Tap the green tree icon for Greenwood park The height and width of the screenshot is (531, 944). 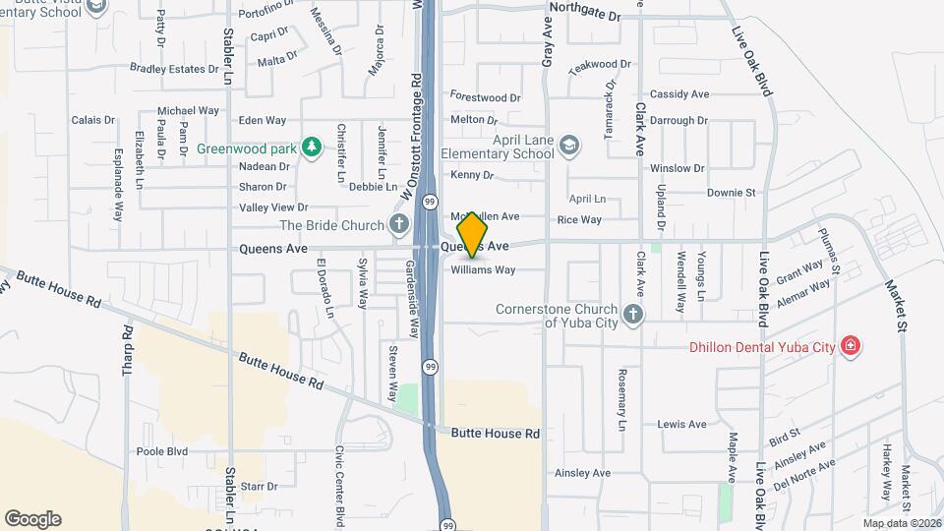pyautogui.click(x=312, y=147)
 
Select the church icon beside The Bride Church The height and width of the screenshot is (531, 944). pyautogui.click(x=399, y=225)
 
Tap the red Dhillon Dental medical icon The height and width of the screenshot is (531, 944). pyautogui.click(x=851, y=346)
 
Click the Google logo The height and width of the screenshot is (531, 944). pyautogui.click(x=32, y=519)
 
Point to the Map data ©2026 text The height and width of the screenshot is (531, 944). pyautogui.click(x=902, y=522)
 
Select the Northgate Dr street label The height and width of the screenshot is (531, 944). pyautogui.click(x=586, y=17)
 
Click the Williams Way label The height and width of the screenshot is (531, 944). pyautogui.click(x=484, y=269)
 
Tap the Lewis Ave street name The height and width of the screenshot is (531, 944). pyautogui.click(x=682, y=425)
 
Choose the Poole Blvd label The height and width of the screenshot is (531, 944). pyautogui.click(x=162, y=451)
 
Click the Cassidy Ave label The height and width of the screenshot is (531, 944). pyautogui.click(x=679, y=94)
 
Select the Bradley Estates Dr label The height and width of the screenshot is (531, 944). pyautogui.click(x=175, y=69)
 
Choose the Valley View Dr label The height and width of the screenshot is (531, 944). pyautogui.click(x=274, y=207)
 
